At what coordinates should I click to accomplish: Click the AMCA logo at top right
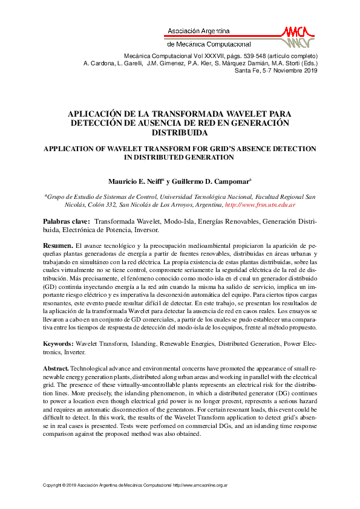(x=298, y=36)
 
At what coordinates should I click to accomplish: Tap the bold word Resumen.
(x=57, y=245)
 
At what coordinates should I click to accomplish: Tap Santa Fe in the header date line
(x=247, y=71)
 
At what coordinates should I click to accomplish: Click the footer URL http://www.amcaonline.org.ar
(x=200, y=485)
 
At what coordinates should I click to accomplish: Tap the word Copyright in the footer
(x=53, y=485)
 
